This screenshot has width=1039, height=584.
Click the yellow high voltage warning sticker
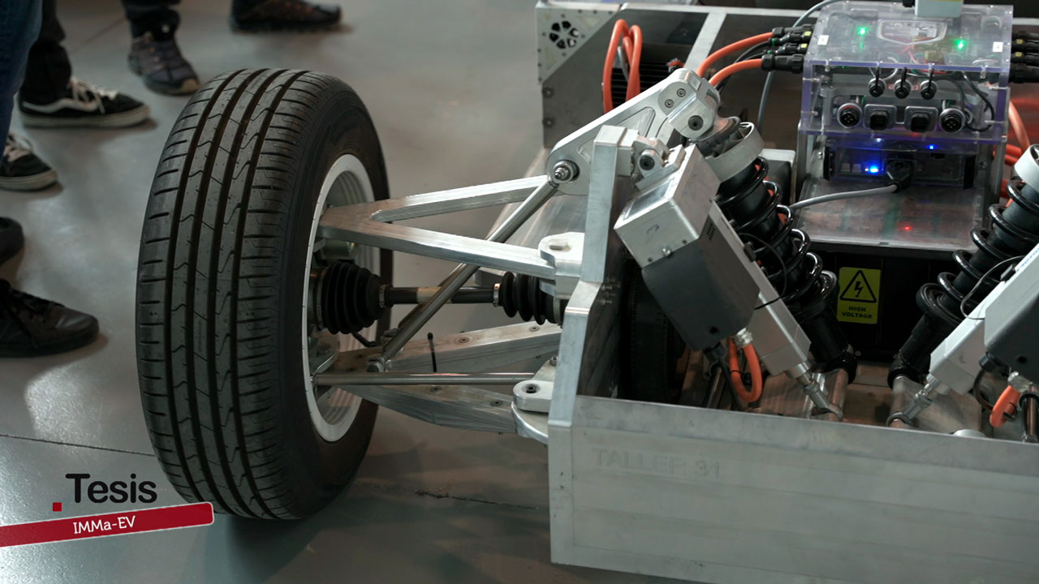coord(858,295)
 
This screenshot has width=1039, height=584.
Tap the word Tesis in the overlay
coord(111,489)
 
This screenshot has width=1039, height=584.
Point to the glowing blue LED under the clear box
coord(873,169)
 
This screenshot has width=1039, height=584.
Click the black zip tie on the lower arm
coord(432,351)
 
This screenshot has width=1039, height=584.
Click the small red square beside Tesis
coord(57,506)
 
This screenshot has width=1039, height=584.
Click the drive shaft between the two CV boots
coord(438,294)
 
